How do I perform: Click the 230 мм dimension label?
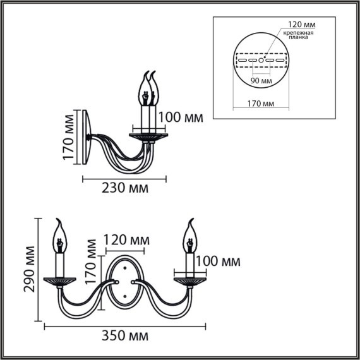coord(126,188)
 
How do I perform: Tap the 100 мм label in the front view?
coord(218,261)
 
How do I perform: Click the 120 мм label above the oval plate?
coord(125,241)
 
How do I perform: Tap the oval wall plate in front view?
coord(125,284)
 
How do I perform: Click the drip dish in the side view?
coord(149,135)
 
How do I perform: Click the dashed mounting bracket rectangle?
coord(260,61)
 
